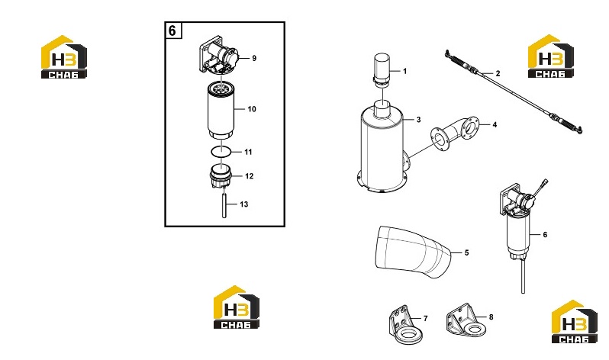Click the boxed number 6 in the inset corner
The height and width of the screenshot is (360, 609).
pyautogui.click(x=172, y=31)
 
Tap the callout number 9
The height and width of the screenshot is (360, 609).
pyautogui.click(x=254, y=58)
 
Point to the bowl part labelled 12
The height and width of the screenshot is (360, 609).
pyautogui.click(x=221, y=176)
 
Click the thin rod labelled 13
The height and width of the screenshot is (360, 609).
pyautogui.click(x=224, y=204)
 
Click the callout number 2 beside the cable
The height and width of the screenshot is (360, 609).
pyautogui.click(x=498, y=73)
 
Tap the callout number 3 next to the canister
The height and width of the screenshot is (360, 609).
pyautogui.click(x=418, y=120)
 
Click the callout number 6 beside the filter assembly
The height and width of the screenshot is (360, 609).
pyautogui.click(x=545, y=235)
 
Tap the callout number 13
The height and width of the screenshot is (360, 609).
pyautogui.click(x=244, y=204)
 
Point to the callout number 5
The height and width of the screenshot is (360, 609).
pyautogui.click(x=466, y=252)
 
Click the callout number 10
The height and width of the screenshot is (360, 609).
pyautogui.click(x=252, y=109)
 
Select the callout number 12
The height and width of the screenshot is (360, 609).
pyautogui.click(x=250, y=176)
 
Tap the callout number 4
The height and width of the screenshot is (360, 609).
pyautogui.click(x=495, y=124)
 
